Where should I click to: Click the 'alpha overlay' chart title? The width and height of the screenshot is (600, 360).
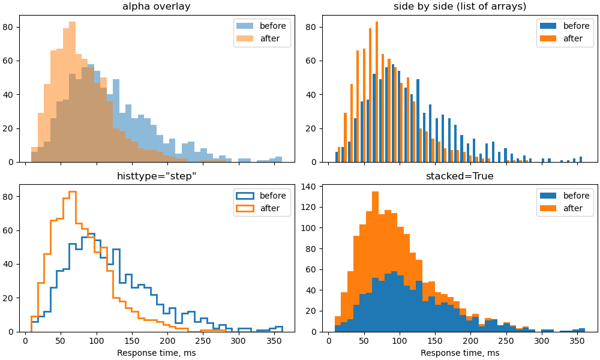[x=156, y=7]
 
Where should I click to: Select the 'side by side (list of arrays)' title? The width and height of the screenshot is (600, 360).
[x=460, y=7]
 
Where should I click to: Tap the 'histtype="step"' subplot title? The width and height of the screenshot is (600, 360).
[x=156, y=176]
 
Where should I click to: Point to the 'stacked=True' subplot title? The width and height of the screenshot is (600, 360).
[x=460, y=176]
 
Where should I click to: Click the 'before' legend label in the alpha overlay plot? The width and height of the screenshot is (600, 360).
[x=272, y=26]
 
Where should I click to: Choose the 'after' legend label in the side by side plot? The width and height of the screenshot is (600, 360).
[x=572, y=38]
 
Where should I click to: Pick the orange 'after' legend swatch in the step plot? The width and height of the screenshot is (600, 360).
[x=245, y=208]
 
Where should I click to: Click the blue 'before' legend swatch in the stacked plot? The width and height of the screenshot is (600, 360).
[x=548, y=196]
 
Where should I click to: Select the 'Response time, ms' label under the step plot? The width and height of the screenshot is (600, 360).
[x=156, y=353]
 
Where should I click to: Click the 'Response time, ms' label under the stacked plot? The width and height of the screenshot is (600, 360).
[x=460, y=353]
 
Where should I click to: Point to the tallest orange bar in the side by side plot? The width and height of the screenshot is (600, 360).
[x=377, y=92]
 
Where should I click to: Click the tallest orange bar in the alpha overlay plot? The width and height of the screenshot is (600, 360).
[x=73, y=92]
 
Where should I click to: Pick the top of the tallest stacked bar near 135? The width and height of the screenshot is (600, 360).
[x=375, y=191]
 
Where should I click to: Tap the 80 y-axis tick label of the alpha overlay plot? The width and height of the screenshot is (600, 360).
[x=8, y=27]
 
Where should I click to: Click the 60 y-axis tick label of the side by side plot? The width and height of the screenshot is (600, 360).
[x=311, y=61]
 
